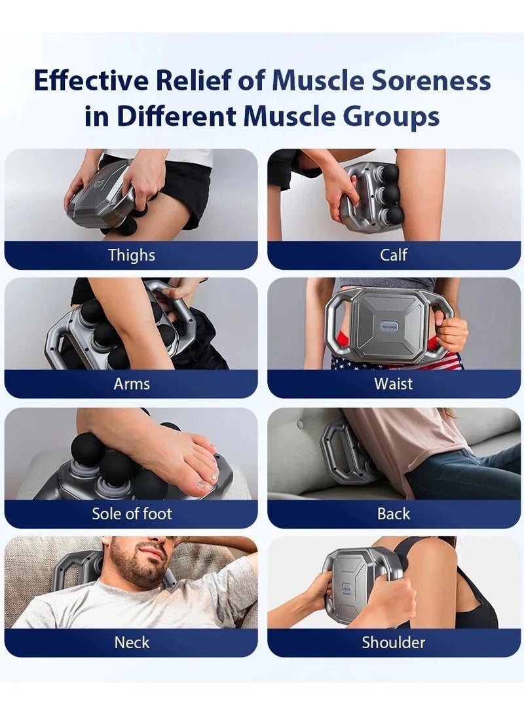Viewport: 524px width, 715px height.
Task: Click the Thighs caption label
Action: coord(132,255)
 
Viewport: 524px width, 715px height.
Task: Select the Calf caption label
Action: coord(394,255)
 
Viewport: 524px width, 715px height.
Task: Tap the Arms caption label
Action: coord(132,384)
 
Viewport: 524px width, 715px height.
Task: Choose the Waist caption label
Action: coord(394,384)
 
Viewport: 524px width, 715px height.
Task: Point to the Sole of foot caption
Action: coord(132,513)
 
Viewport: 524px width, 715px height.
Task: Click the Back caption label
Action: coord(394,513)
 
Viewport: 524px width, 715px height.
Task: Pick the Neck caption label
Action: coord(132,642)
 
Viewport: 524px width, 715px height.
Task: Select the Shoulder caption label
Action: coord(394,642)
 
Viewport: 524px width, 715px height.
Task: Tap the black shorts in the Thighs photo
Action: coord(187,190)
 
